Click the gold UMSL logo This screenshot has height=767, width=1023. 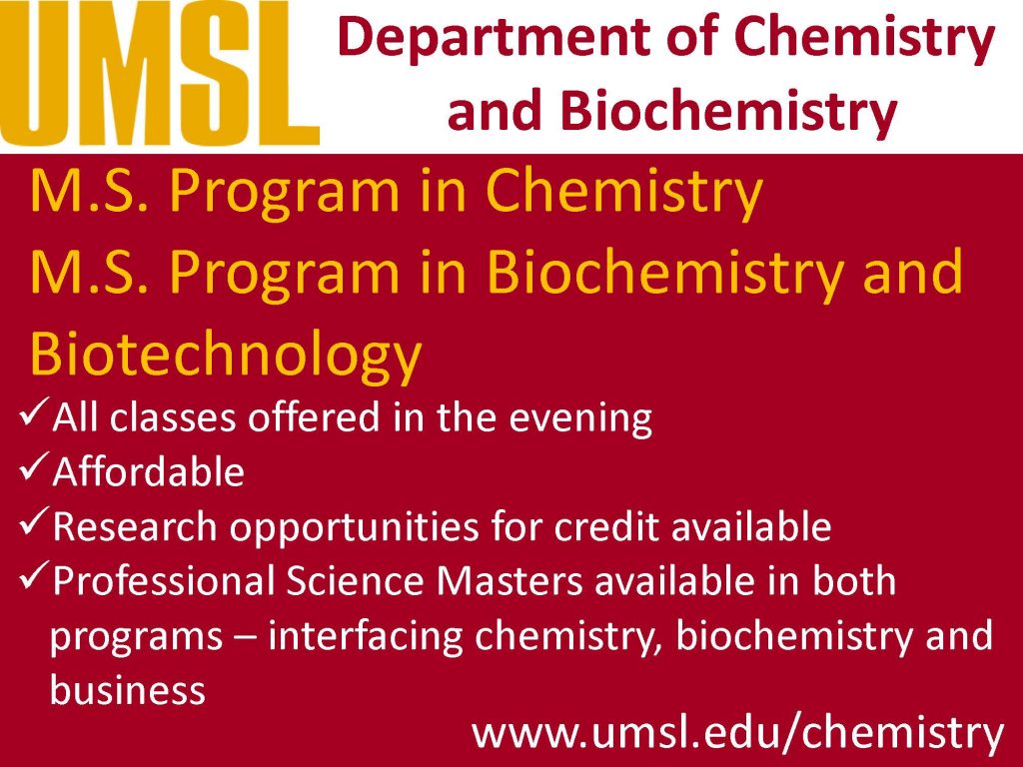click(x=159, y=73)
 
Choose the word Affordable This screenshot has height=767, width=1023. click(x=149, y=471)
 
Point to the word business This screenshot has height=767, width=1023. click(x=128, y=689)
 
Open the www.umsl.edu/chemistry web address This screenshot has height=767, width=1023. click(x=738, y=734)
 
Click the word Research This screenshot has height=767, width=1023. click(x=135, y=525)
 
